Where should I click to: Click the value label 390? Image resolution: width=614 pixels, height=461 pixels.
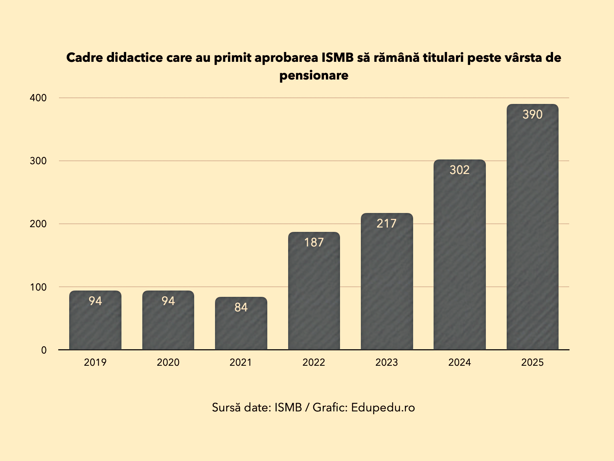point(532,115)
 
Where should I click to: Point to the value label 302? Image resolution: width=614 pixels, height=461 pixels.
point(460,170)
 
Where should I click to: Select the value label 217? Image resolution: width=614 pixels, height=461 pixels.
point(387,224)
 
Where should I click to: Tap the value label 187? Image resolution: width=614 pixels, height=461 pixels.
point(314,243)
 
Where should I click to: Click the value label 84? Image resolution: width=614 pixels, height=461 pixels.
point(241,307)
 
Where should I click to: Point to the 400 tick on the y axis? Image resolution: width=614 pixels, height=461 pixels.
point(38,98)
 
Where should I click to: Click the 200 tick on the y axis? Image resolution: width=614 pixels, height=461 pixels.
point(38,224)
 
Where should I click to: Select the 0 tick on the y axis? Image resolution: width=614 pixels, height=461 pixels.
point(44,350)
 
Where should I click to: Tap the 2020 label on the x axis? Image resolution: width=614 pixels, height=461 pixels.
point(168,363)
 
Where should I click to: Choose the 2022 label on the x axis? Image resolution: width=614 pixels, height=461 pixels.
point(314,363)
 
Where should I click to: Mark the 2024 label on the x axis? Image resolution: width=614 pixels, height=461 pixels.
point(460,363)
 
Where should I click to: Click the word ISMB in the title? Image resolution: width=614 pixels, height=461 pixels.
point(338,57)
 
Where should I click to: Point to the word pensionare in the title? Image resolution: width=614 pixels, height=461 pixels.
point(314,75)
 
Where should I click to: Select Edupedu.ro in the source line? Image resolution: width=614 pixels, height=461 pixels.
point(383,407)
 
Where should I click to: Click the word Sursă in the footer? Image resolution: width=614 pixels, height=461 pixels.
point(226,407)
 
